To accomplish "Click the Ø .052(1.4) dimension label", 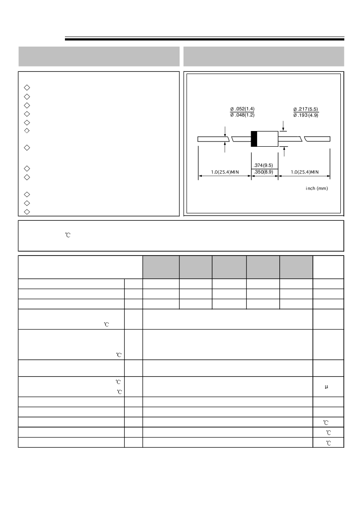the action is tap(242, 109).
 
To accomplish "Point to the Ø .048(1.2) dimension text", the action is tap(242, 115).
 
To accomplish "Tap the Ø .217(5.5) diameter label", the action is tap(306, 109).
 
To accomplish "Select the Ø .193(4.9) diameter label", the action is tap(306, 115).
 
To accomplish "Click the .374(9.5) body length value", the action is tap(263, 165).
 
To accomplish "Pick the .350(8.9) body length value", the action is tap(263, 172).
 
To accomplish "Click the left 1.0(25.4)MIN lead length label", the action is tap(225, 172).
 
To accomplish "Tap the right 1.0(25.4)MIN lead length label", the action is tap(305, 172).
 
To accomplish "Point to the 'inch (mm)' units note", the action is tap(317, 188).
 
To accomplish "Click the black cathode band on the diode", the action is tap(254, 139).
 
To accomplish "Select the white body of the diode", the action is tap(268, 139).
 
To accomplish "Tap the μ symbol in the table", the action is tap(326, 387).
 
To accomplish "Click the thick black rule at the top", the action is tap(204, 39).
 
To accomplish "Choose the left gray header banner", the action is tap(99, 56).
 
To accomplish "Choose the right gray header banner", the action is tap(264, 56).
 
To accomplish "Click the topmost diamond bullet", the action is tap(27, 88).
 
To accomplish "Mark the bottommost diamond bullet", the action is tap(27, 212).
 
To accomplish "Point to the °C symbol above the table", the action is tap(68, 235).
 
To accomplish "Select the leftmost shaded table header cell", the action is tap(161, 267).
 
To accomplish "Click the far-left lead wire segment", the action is tap(214, 139).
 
